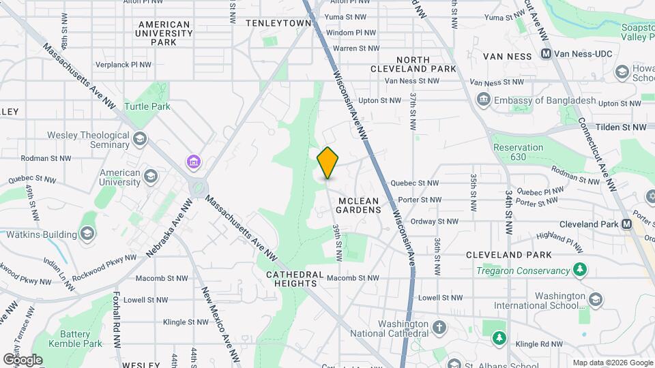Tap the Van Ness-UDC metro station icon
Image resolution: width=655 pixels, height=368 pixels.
coord(546,54)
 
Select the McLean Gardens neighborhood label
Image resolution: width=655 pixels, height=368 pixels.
coord(359,205)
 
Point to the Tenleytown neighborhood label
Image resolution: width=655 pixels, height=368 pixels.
coord(278,22)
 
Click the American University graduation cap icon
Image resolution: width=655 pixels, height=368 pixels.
coord(149,177)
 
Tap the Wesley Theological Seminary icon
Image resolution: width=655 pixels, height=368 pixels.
coord(140,140)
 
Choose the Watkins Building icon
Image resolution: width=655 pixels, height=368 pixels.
coord(87,234)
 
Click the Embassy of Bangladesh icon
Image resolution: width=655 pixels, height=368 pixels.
coord(484,101)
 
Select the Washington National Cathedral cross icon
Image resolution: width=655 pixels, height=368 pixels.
coord(439,328)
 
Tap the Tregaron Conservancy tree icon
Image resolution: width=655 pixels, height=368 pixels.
coord(580,270)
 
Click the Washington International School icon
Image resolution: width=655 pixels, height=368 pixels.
coord(596,301)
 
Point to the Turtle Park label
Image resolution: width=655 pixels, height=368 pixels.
coord(147,106)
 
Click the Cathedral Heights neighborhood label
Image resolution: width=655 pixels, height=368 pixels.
coord(294,279)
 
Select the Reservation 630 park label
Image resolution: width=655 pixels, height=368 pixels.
coord(519,152)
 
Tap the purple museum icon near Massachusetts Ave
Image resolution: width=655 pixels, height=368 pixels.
coord(194,162)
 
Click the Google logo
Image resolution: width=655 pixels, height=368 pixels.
coord(23,359)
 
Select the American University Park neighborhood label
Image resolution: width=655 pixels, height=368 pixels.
coord(164,33)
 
